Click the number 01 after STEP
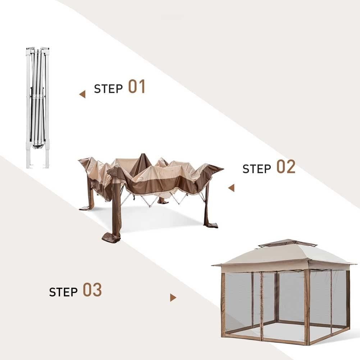coord(137,87)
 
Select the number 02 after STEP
coord(286,167)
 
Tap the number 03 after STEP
coord(92,290)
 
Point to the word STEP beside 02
coord(257,168)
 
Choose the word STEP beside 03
coord(63,292)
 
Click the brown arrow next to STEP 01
coord(82,95)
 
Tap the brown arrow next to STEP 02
coord(231,188)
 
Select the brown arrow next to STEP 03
coord(173,298)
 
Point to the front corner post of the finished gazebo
coord(307,306)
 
